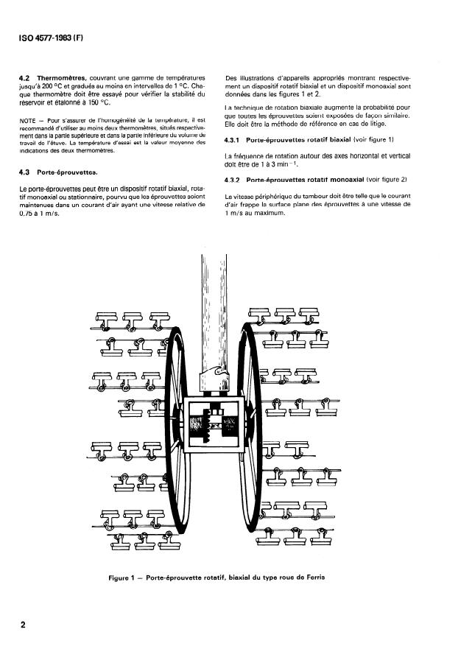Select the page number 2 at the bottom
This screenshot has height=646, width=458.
click(24, 625)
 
